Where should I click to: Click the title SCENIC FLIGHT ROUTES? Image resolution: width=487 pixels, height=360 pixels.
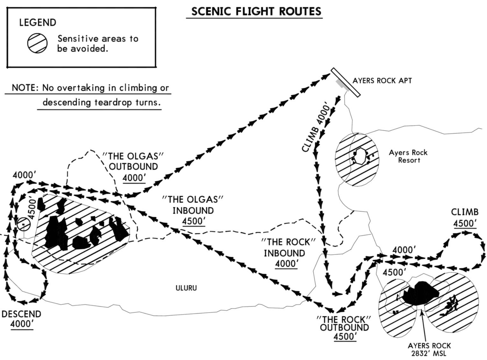point(256,11)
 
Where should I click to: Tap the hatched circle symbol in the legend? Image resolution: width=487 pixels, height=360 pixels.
point(37,43)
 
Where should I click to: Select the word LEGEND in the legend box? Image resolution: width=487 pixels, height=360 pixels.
point(38,23)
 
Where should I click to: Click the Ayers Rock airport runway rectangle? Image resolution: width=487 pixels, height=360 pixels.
point(346,82)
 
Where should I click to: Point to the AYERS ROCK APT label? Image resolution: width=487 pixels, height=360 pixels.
point(382,81)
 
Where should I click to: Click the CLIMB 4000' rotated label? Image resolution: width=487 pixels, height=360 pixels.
point(315,127)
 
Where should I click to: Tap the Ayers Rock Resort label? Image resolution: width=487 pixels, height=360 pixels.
point(408,156)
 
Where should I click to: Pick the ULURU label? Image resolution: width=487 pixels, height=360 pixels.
point(186,288)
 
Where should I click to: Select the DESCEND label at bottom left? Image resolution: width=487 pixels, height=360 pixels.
point(21,314)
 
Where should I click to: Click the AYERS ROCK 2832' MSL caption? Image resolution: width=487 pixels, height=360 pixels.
point(429,349)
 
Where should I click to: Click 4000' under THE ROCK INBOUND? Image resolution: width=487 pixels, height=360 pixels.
point(286,264)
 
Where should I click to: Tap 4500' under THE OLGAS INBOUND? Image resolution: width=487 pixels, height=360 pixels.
point(193,221)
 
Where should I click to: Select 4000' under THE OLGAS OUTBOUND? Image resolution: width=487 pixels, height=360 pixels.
point(134,178)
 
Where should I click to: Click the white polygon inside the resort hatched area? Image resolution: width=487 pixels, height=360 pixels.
point(360,156)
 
